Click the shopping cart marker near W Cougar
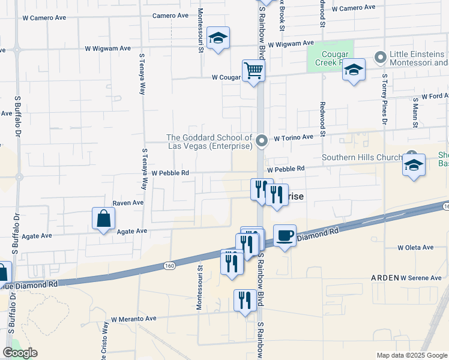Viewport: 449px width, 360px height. point(254,71)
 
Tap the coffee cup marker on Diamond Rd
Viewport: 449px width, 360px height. point(285,235)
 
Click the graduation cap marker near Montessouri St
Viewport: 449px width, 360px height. point(218,38)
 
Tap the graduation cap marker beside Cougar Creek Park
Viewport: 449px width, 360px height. point(354,70)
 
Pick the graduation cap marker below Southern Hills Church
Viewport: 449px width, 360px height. point(414,165)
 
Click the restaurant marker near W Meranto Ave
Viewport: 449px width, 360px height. point(244,300)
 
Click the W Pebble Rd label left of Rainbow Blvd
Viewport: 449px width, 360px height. point(170,173)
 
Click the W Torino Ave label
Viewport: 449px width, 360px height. point(294,137)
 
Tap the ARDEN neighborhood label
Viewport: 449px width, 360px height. point(384,278)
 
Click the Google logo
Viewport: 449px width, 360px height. point(20,353)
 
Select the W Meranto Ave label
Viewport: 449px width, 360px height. point(133,319)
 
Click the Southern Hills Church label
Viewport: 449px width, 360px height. point(362,158)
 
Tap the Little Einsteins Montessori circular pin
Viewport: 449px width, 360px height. point(380,58)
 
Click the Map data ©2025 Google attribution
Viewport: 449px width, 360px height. point(411,355)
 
